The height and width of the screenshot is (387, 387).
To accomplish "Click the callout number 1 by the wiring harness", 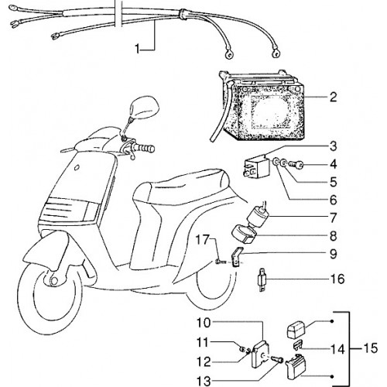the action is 138,49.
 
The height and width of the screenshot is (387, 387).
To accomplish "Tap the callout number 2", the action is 333,98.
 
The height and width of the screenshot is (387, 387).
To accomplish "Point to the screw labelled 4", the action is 296,164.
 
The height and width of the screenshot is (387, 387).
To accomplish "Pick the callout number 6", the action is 334,200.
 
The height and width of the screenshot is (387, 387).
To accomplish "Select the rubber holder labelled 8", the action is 244,235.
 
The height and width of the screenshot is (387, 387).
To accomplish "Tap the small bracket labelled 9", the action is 237,257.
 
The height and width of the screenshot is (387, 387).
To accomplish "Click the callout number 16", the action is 337,279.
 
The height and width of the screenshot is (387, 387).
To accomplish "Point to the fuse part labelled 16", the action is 262,279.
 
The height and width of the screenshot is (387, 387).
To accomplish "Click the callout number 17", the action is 202,240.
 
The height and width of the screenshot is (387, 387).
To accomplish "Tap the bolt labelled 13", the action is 277,359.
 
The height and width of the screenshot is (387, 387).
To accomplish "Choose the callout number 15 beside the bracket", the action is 371,348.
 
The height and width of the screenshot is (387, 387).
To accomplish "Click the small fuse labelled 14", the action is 298,345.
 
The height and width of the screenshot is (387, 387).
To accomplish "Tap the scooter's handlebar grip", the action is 145,149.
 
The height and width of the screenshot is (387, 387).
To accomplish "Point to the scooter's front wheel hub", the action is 53,281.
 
